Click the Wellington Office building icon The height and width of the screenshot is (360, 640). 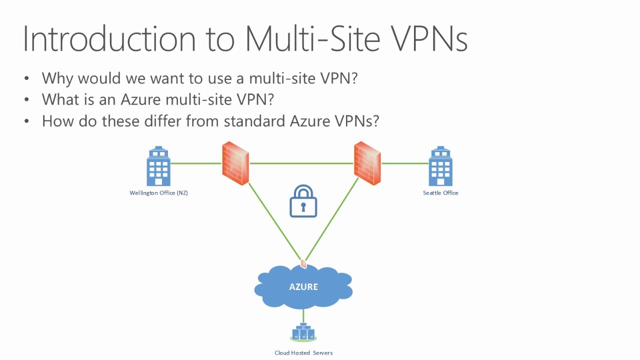[x=158, y=166]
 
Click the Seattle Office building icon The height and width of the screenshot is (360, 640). [x=440, y=166]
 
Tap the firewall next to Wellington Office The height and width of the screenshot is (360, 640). [x=235, y=163]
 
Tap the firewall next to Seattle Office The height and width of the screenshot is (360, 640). [x=367, y=163]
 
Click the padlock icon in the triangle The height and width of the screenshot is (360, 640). [x=303, y=201]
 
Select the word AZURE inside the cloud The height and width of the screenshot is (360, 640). [x=303, y=287]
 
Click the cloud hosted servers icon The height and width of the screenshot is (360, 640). [x=303, y=332]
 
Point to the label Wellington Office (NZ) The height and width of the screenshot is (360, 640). [x=158, y=193]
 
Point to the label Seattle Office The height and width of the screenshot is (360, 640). [x=440, y=193]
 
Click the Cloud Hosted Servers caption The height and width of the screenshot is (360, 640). [x=303, y=353]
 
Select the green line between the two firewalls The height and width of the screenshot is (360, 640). [x=301, y=163]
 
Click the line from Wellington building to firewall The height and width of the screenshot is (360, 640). [x=196, y=163]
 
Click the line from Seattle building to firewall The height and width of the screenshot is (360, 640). [x=404, y=163]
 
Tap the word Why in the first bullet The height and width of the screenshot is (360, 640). [x=58, y=78]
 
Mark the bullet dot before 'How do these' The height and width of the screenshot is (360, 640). [x=27, y=121]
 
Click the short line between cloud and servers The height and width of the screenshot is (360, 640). [x=303, y=316]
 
